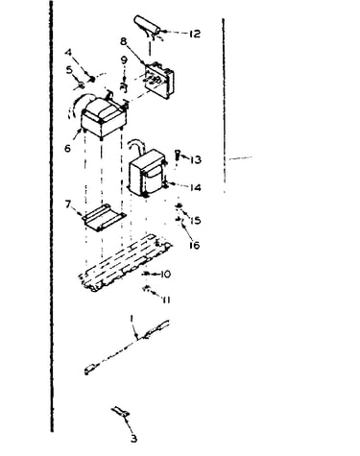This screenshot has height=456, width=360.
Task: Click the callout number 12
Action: [x=194, y=34]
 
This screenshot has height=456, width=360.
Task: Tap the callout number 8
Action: [x=124, y=41]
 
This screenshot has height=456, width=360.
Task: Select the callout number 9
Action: [x=124, y=60]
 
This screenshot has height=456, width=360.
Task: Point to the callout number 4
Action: [x=68, y=52]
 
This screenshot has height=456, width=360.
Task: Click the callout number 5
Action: [x=69, y=69]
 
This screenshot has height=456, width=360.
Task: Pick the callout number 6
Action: [x=67, y=148]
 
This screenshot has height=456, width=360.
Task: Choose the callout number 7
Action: [x=68, y=204]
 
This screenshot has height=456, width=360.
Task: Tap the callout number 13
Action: [x=196, y=159]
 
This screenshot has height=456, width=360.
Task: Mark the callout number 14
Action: [x=195, y=187]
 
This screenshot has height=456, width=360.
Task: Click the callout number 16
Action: [x=194, y=246]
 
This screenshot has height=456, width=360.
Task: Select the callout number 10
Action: [x=165, y=275]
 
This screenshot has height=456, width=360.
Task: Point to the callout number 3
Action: [x=134, y=439]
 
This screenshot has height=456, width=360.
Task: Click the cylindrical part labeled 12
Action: [x=148, y=25]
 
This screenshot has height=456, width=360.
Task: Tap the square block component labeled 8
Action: [x=159, y=80]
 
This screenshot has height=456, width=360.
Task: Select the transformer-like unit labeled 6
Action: [x=104, y=117]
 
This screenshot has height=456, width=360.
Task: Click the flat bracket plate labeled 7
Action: [x=104, y=217]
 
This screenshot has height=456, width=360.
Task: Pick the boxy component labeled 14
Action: [x=148, y=173]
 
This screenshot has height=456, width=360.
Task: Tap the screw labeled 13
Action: [x=177, y=156]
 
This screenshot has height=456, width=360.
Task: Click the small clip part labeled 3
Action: [x=121, y=412]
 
